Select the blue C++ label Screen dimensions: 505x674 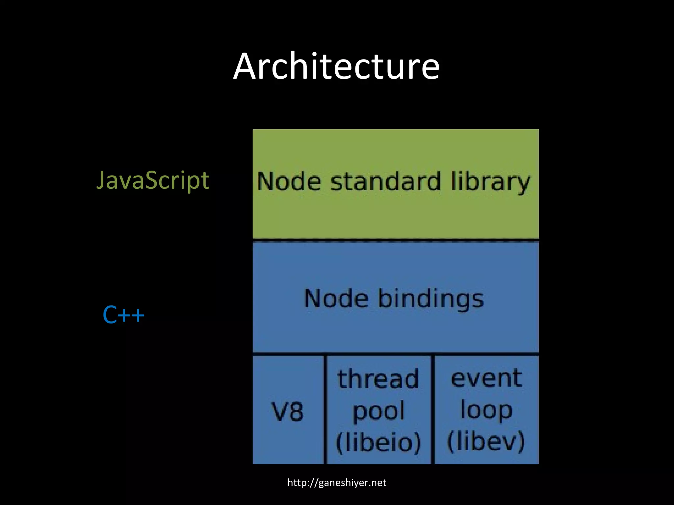[x=123, y=315]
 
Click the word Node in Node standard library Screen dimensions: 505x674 [x=289, y=181]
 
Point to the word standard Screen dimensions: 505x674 [x=385, y=181]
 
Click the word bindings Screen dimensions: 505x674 [x=430, y=299]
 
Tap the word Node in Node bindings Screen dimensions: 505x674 [x=336, y=299]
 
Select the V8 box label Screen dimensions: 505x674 [x=287, y=412]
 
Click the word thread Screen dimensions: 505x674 [x=378, y=379]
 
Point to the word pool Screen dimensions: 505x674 [x=378, y=411]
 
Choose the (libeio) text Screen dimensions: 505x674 [x=378, y=442]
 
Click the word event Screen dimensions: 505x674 [x=486, y=378]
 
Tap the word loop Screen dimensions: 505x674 [x=486, y=410]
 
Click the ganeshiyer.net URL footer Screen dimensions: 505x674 [x=337, y=483]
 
